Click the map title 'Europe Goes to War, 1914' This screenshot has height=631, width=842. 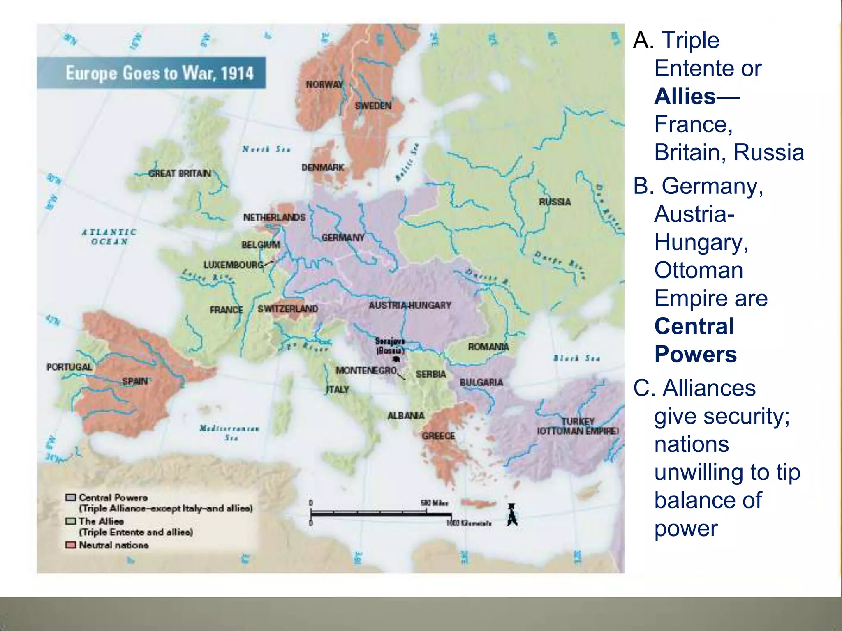click(x=160, y=73)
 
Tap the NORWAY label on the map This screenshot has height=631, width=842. click(x=324, y=85)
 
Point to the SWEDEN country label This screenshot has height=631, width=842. click(x=373, y=106)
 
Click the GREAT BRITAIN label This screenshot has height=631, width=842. click(x=180, y=174)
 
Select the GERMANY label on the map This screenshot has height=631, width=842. click(x=343, y=238)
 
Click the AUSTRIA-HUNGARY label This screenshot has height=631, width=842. click(x=409, y=305)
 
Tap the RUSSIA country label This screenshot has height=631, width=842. click(x=555, y=202)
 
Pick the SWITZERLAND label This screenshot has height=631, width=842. click(x=287, y=309)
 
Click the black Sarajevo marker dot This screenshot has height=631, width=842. click(x=396, y=359)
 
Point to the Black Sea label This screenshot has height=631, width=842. click(x=576, y=358)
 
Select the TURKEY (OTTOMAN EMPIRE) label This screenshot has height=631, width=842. click(x=578, y=426)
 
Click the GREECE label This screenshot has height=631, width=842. click(x=438, y=436)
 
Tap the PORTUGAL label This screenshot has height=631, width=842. click(x=69, y=367)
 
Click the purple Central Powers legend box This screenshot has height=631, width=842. click(x=71, y=497)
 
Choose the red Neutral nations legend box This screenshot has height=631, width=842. click(x=71, y=545)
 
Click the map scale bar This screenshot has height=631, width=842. click(x=381, y=514)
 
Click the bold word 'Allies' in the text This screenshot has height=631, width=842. click(x=685, y=97)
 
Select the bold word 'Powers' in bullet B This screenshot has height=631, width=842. click(x=695, y=355)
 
